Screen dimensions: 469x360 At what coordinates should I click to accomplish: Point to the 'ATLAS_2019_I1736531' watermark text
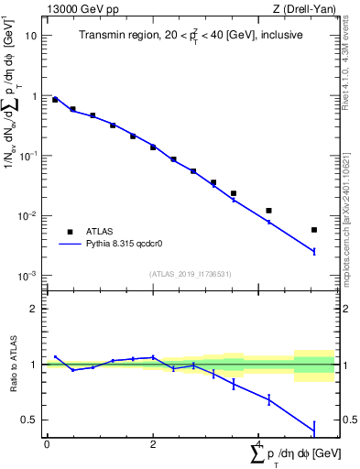(190, 273)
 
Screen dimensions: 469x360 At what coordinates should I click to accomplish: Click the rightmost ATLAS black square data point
(314, 230)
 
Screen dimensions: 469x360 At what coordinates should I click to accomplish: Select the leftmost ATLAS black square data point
(55, 100)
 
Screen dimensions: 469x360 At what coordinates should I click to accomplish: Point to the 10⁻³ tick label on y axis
(27, 276)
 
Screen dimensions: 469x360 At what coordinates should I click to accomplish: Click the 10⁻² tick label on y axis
(27, 216)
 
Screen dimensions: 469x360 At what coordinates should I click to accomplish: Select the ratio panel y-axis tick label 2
(35, 309)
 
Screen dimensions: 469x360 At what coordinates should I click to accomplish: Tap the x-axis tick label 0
(47, 444)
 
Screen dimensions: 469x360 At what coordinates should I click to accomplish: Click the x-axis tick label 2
(153, 444)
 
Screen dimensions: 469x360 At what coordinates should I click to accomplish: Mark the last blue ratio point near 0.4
(314, 428)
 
